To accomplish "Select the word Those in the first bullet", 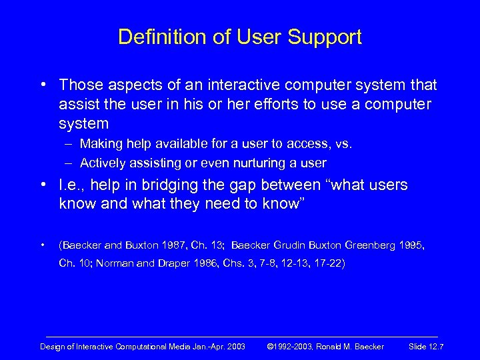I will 79,85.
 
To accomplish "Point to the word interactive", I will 239,85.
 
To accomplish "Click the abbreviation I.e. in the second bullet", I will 71,186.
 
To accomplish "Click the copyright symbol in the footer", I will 270,347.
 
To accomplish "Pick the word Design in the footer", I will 52,347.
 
